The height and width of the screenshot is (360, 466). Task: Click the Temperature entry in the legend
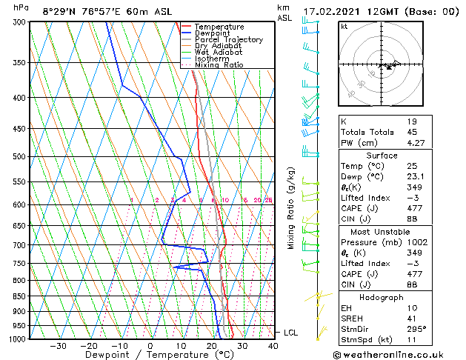click(x=219, y=27)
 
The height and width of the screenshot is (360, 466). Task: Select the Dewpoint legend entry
click(x=214, y=33)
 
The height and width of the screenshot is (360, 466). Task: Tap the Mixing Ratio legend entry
click(x=219, y=65)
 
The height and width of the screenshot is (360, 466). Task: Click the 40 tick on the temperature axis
click(x=273, y=346)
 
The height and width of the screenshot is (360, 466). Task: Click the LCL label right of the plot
click(x=290, y=333)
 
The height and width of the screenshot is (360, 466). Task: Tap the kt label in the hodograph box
click(x=344, y=26)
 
